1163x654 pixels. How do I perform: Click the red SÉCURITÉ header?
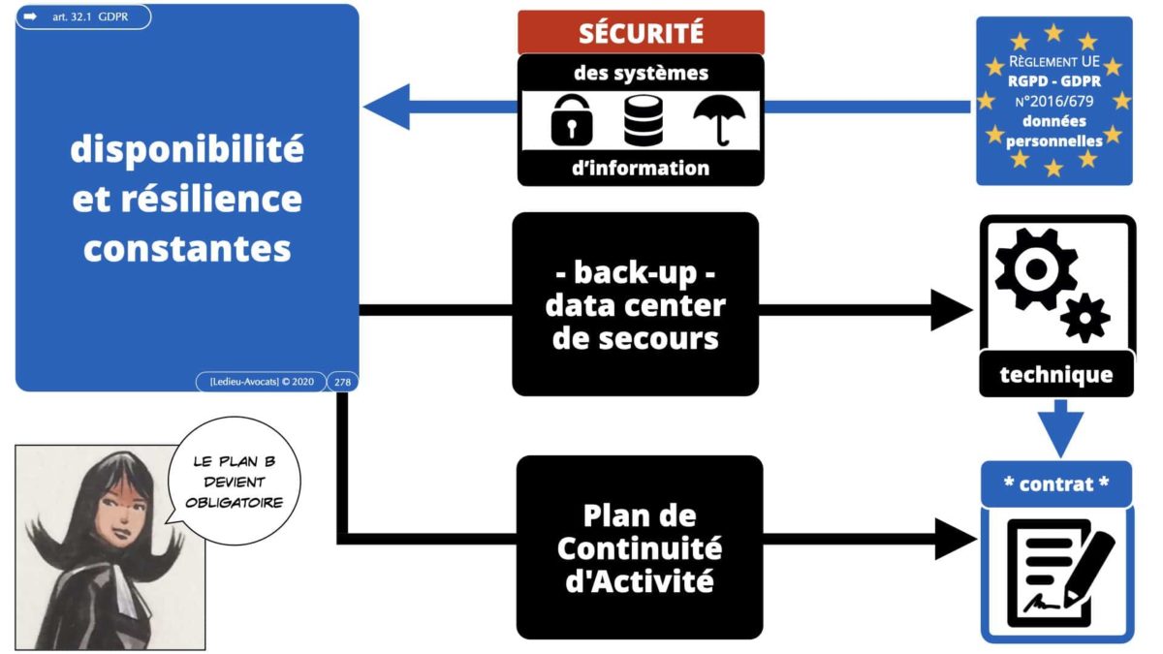coord(641,32)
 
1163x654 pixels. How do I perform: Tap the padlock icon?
coord(572,121)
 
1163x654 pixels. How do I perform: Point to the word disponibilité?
coord(187,150)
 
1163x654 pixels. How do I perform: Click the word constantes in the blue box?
coord(187,248)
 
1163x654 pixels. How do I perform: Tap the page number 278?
coord(342,382)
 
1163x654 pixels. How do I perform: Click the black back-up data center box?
coord(635,305)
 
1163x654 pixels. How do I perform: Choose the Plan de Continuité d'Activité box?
coord(639,546)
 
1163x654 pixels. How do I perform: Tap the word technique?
coord(1056,374)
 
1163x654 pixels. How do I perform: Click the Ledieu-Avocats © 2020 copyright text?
coord(261,382)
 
